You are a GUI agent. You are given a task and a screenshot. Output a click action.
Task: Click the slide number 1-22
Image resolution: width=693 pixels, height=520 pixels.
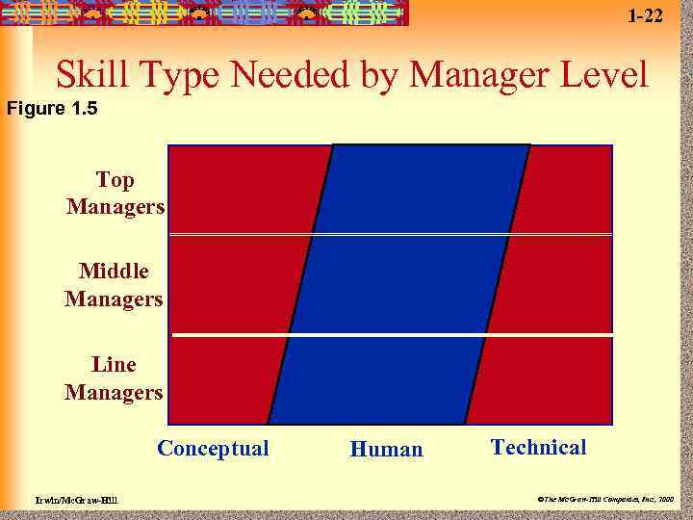(x=645, y=15)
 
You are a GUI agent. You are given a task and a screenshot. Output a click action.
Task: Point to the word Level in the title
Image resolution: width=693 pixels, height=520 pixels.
(x=601, y=74)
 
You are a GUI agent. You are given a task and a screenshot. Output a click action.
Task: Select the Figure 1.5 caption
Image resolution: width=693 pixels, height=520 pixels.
(x=52, y=108)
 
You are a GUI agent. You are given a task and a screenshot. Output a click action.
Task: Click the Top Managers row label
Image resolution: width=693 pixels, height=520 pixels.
(x=115, y=194)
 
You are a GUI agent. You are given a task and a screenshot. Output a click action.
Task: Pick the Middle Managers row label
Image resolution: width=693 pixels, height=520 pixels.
(x=114, y=285)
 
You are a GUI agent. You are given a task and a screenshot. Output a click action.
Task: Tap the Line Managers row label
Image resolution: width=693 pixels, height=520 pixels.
(x=114, y=378)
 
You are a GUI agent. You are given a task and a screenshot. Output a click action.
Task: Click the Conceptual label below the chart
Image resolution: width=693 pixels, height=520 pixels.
(x=213, y=449)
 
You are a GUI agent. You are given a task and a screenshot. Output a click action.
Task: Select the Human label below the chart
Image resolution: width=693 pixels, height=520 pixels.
(x=386, y=450)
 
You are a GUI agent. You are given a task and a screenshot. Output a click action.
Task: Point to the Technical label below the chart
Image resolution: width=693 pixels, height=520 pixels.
(x=538, y=447)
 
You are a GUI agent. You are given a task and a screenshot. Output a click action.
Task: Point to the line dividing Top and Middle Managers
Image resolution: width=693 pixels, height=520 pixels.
(x=390, y=234)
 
